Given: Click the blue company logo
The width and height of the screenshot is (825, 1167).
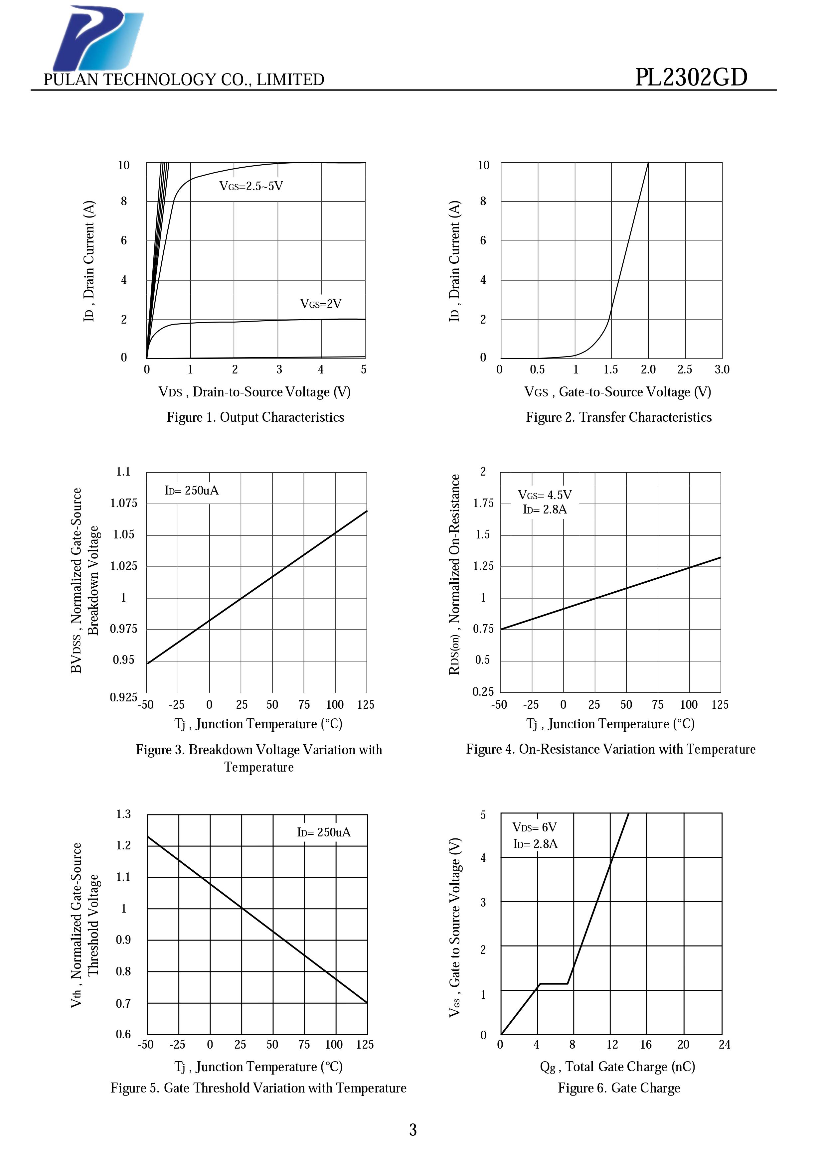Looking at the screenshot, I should point(98,38).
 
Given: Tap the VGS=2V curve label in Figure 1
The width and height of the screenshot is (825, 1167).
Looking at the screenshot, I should point(321,304).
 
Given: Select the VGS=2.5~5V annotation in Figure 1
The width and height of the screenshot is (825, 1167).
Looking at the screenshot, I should point(251,186).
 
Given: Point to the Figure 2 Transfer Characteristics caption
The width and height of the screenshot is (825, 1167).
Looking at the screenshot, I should point(619,417).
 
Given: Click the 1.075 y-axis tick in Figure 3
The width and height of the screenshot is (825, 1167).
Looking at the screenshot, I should point(123,503).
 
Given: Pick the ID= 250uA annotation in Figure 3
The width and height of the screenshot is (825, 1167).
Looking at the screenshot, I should point(192,491).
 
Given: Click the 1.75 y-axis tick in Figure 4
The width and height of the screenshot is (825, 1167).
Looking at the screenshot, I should point(483,503).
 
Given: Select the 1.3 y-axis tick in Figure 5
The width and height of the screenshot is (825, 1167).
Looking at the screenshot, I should point(123,814).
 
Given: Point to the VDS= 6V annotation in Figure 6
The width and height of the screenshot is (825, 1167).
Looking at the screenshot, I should point(534,827).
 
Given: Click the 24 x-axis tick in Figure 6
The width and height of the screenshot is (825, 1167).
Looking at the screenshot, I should point(724,1045).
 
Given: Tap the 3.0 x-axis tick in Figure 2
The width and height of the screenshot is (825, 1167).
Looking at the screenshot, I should point(722,369).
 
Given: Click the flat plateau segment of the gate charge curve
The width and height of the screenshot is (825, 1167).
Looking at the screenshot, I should point(554,983).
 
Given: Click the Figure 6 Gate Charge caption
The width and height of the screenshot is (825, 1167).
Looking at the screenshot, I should point(619,1088).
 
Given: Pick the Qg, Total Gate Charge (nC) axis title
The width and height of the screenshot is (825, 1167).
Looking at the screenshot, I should point(617,1066).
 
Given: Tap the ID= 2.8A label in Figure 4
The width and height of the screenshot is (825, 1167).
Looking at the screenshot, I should point(545,509).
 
